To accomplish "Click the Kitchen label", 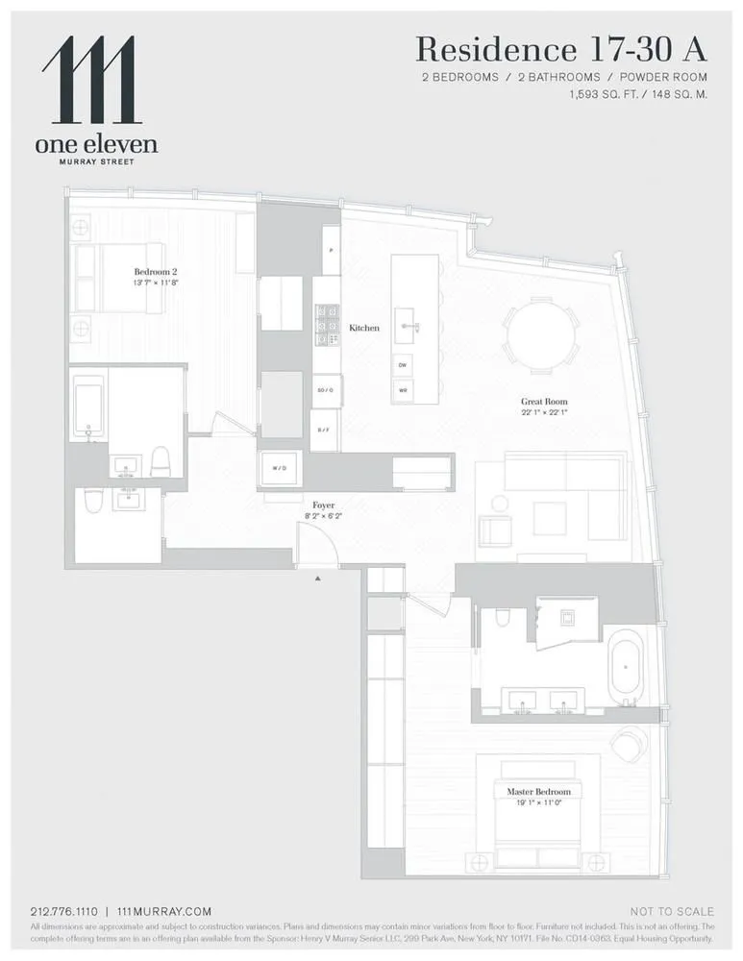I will point(364,328).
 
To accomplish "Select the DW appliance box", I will point(404,365).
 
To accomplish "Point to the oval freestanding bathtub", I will point(630,663).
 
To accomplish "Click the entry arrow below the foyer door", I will point(316,578).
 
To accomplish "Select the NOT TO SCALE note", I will point(672,911).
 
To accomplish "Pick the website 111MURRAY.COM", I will point(163,911).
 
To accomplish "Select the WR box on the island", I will point(404,390).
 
